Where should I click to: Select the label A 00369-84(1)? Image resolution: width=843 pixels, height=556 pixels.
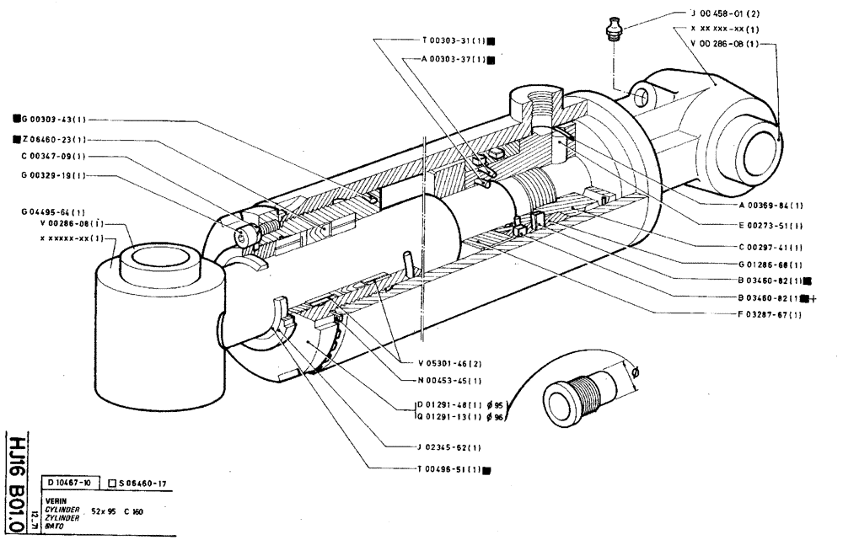(765, 205)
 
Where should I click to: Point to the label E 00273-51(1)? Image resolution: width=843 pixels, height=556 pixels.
(765, 226)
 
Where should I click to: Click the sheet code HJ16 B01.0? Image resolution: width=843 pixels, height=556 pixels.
(16, 484)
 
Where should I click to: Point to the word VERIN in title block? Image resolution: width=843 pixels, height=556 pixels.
(56, 500)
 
